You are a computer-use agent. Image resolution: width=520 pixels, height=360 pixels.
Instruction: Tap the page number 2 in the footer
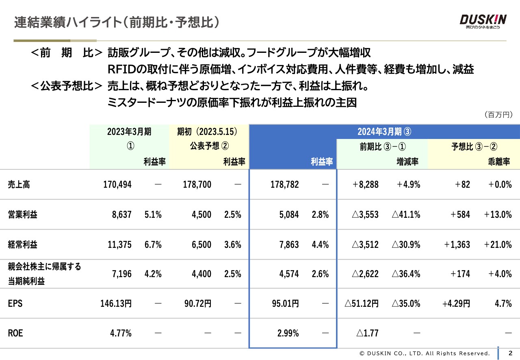point(511,353)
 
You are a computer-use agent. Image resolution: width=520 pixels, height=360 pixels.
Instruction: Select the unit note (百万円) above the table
point(498,115)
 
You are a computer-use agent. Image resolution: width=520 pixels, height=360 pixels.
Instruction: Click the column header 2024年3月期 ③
point(384,132)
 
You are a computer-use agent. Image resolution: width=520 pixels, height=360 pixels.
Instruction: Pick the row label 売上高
point(19,184)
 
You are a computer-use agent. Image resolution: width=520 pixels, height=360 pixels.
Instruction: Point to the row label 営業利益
point(22,215)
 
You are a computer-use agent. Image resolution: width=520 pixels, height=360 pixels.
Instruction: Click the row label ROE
point(15,334)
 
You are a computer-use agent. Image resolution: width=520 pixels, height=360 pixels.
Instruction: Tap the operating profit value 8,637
point(122,215)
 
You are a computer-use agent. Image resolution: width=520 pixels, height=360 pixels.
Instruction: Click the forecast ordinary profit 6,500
point(201,245)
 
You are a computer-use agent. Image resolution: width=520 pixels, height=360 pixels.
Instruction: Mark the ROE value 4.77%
point(121,334)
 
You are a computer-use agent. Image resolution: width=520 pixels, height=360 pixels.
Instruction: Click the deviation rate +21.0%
point(498,245)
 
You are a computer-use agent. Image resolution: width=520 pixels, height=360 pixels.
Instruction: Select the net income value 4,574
point(289,274)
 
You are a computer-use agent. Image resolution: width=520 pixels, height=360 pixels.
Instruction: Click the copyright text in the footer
point(425,353)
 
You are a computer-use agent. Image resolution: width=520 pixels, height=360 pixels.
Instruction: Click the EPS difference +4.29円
point(456,304)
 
